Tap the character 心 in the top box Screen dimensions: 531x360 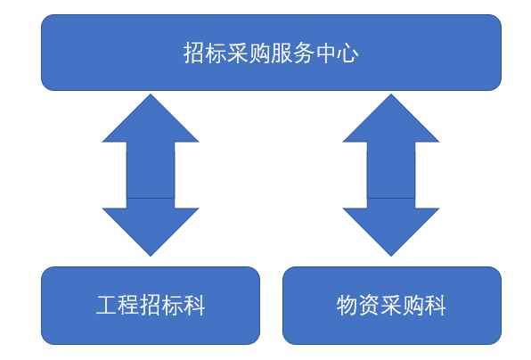(x=347, y=53)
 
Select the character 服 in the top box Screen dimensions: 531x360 (x=282, y=53)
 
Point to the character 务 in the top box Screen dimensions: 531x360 (x=304, y=53)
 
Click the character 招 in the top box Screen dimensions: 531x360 (x=193, y=53)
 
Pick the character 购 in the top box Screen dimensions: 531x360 (x=260, y=53)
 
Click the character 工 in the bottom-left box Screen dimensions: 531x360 (x=107, y=306)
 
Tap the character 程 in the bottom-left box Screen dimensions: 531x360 (x=128, y=306)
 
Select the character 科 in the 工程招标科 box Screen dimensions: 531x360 (x=195, y=306)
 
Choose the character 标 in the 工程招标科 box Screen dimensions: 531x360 (x=173, y=306)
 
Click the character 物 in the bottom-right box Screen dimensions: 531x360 (x=347, y=306)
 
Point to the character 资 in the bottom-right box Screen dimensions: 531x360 (x=369, y=306)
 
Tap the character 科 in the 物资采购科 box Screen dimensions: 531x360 (x=435, y=306)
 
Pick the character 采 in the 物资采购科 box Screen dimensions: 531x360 (x=391, y=306)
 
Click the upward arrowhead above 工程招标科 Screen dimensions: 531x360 (x=151, y=122)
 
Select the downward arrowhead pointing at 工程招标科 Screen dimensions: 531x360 (x=151, y=229)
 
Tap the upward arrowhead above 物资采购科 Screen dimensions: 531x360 (x=391, y=122)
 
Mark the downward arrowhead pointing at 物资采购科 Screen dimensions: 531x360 (x=391, y=229)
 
